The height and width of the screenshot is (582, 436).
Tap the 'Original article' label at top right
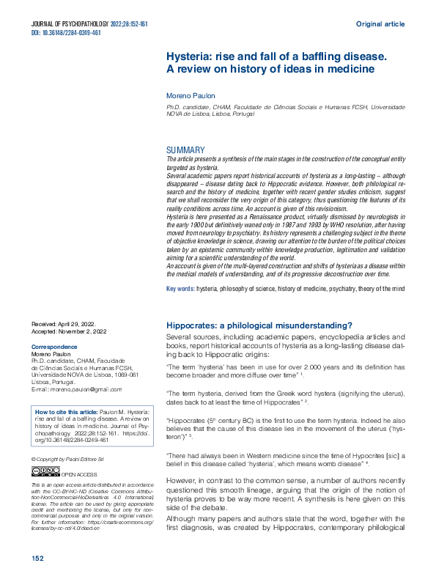click(380, 24)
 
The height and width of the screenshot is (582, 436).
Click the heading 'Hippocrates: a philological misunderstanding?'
click(260, 325)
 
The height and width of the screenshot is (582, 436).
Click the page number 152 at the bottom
click(38, 558)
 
